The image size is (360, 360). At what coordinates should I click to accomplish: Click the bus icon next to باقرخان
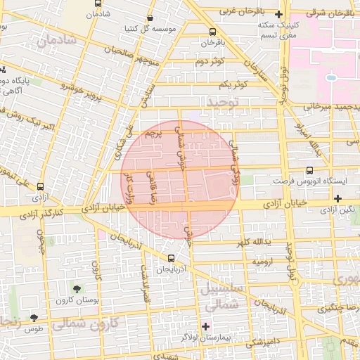[212, 32]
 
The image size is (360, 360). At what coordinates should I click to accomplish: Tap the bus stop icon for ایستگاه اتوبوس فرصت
[310, 170]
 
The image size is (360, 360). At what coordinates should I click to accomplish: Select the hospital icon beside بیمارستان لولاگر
[205, 326]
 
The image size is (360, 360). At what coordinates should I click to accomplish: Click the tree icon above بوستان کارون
[76, 289]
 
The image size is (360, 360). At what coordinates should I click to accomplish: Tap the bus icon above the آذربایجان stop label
[172, 258]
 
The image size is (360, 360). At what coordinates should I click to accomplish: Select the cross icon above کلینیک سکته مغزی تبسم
[280, 15]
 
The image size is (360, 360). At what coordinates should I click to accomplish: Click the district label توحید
[223, 102]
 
